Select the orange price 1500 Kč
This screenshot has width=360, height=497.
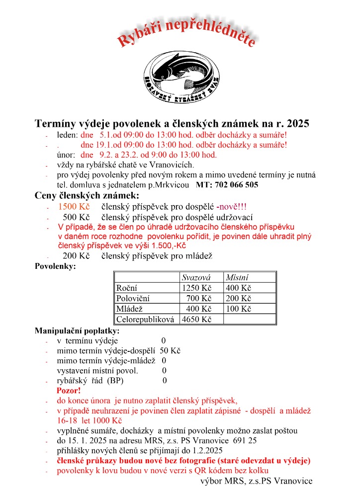pos(74,207)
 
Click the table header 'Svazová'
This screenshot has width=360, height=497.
pos(196,277)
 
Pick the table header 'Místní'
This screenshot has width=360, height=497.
pos(237,277)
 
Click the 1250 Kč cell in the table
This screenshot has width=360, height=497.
pos(197,288)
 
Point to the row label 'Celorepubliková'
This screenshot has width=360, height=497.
pos(145,319)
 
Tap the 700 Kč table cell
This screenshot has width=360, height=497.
pos(199,298)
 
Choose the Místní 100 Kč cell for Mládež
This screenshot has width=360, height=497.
pos(238,309)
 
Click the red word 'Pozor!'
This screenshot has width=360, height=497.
pos(69,391)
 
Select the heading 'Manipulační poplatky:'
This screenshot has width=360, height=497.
pos(77,331)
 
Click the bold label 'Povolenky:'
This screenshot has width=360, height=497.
pos(55,266)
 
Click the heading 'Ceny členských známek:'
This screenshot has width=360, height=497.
pos(87,195)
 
